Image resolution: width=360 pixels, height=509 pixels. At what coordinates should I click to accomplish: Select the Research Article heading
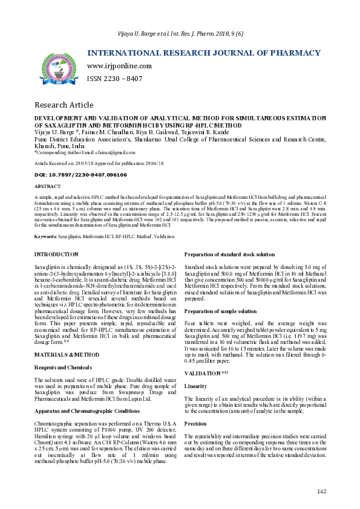click(64, 105)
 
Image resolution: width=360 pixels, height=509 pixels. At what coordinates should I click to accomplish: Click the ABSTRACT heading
click(48, 187)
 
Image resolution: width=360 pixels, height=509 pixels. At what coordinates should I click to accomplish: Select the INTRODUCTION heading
click(56, 254)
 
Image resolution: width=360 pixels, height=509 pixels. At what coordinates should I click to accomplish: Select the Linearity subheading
click(195, 386)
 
